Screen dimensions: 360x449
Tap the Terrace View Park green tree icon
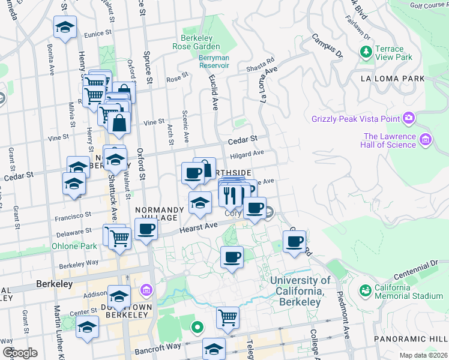tap(366, 53)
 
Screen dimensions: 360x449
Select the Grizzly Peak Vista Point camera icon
tap(409, 117)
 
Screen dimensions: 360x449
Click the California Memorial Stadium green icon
tap(364, 290)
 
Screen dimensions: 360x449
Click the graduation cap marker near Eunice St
tap(65, 26)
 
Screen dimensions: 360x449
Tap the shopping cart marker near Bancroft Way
tap(228, 317)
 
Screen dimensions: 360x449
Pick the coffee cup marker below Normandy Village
tap(146, 229)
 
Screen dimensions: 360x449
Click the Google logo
tap(19, 352)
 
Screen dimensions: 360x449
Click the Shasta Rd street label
tap(261, 65)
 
